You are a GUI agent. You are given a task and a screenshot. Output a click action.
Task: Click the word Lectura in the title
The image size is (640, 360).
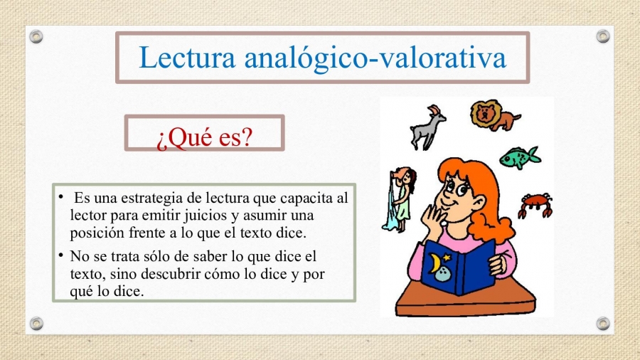tap(187, 58)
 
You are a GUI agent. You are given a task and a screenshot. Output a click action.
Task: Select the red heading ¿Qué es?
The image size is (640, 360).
tap(205, 137)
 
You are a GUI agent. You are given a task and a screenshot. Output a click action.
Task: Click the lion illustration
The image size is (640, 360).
tap(495, 115)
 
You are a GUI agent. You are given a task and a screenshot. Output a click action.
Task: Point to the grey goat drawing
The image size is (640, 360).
tap(427, 127)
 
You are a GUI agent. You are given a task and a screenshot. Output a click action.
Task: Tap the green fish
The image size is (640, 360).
tap(520, 157)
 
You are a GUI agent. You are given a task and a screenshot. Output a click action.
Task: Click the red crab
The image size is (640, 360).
tap(535, 205)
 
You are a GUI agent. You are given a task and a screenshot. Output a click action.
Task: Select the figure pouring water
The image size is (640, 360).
tap(399, 200)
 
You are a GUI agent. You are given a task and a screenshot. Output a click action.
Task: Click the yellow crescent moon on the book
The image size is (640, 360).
tap(434, 263)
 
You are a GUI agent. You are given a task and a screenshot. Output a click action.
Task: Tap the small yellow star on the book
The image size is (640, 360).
tap(447, 258)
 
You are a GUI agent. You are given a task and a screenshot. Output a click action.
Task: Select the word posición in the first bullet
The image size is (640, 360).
tap(97, 233)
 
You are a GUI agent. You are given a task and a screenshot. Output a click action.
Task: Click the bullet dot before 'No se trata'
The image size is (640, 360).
tap(61, 255)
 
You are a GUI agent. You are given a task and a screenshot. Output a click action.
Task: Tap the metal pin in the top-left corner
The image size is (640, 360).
tap(36, 37)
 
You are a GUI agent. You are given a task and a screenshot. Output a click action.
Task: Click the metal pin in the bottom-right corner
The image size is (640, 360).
tap(603, 324)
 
